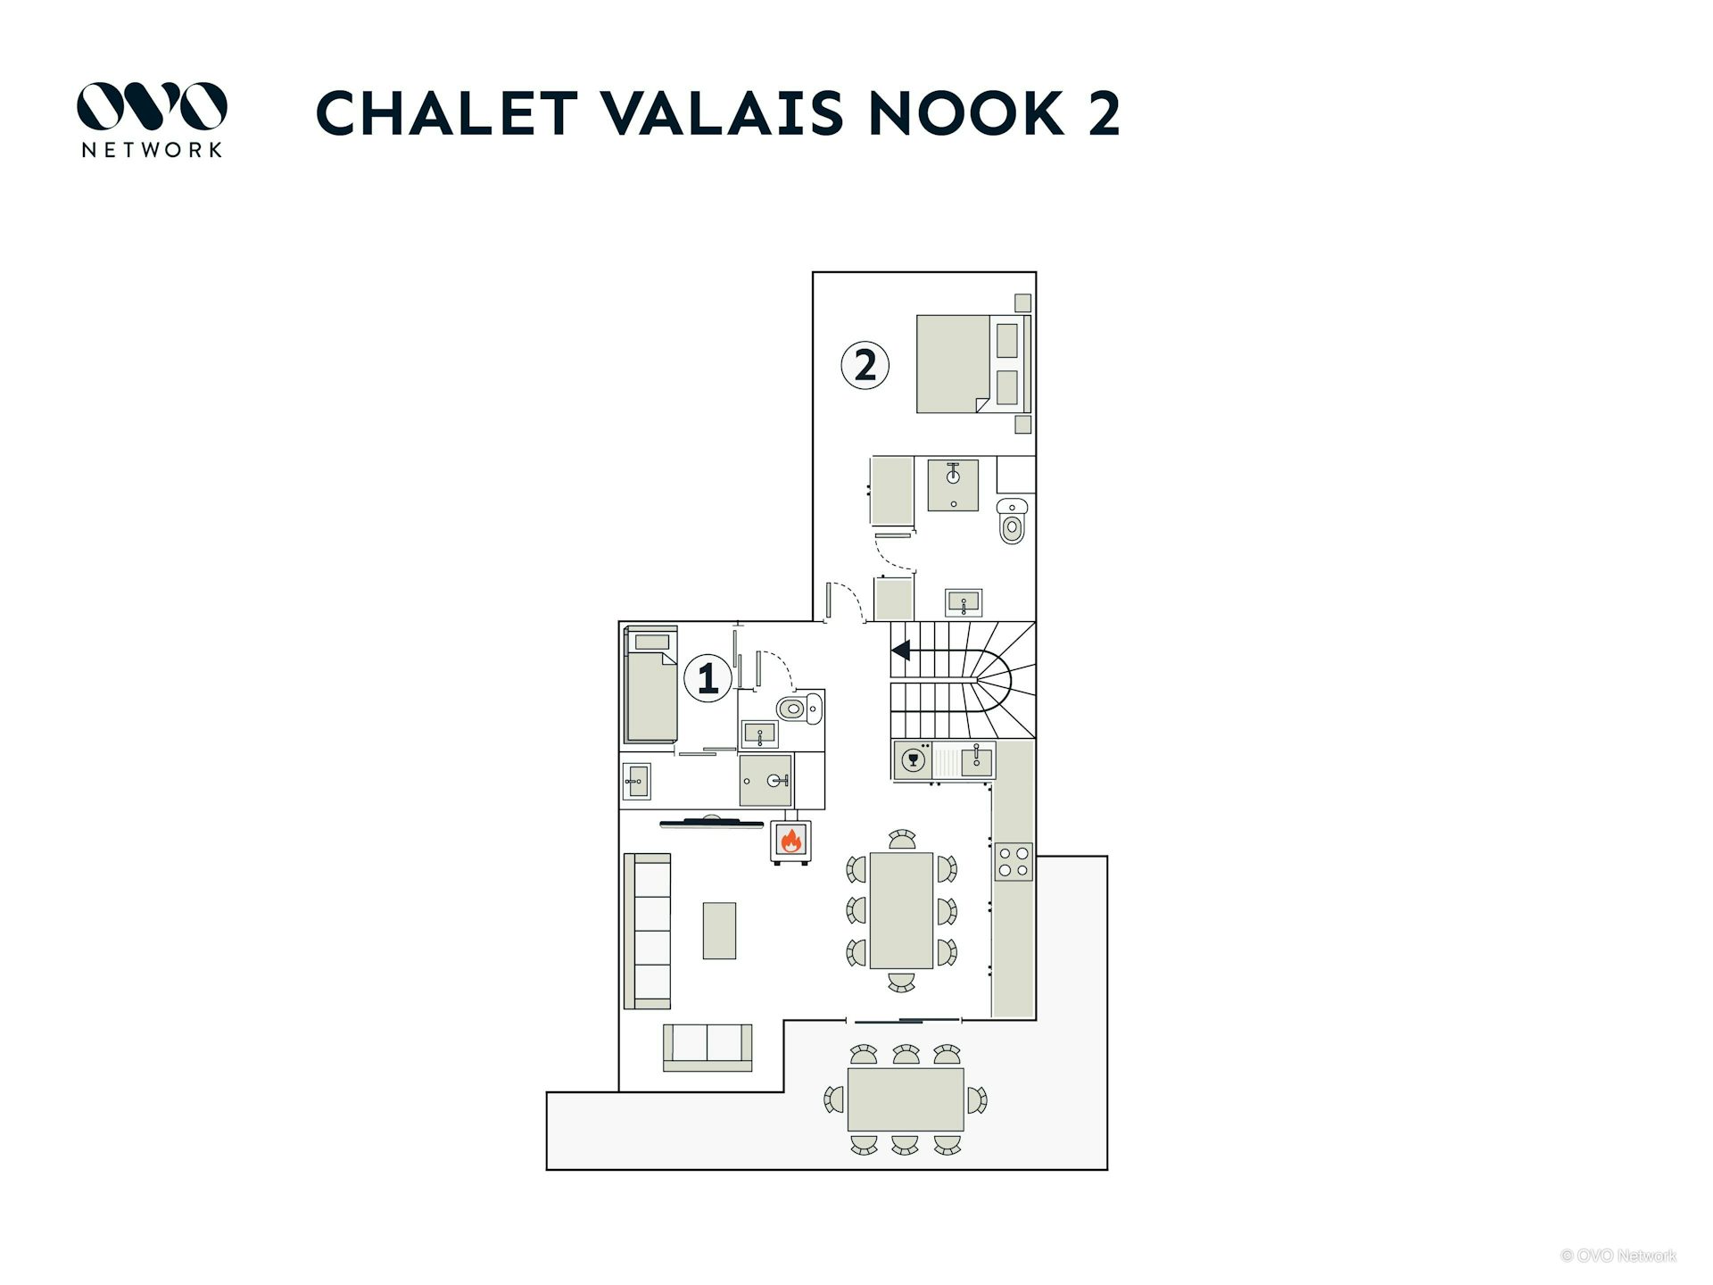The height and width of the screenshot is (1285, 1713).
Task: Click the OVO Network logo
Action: pos(152,119)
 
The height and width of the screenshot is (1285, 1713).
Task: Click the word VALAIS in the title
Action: pos(721,113)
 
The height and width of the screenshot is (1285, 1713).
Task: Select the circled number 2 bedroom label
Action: pos(865,365)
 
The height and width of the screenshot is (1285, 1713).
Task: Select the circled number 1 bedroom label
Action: pos(708,678)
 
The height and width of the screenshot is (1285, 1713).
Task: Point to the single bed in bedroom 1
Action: pos(651,684)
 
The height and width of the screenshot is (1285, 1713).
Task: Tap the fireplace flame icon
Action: pos(791,840)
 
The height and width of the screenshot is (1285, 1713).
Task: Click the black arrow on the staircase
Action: pos(900,651)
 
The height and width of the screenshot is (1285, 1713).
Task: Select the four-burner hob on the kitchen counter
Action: pos(1014,862)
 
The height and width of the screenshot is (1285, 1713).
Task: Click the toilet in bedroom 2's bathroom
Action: pos(1012,521)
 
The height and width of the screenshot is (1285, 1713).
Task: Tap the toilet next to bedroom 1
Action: pos(799,709)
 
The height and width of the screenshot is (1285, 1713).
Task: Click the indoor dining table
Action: pos(901,910)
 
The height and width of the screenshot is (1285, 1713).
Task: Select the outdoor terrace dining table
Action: pos(906,1099)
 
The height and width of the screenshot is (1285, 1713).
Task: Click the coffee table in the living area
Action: pos(719,931)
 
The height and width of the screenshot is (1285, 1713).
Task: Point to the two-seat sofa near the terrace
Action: pos(708,1048)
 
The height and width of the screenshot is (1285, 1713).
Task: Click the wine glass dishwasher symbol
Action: pos(912,761)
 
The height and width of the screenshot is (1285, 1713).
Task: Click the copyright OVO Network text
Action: pos(1618,1256)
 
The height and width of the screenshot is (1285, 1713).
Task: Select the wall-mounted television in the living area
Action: pos(711,823)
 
